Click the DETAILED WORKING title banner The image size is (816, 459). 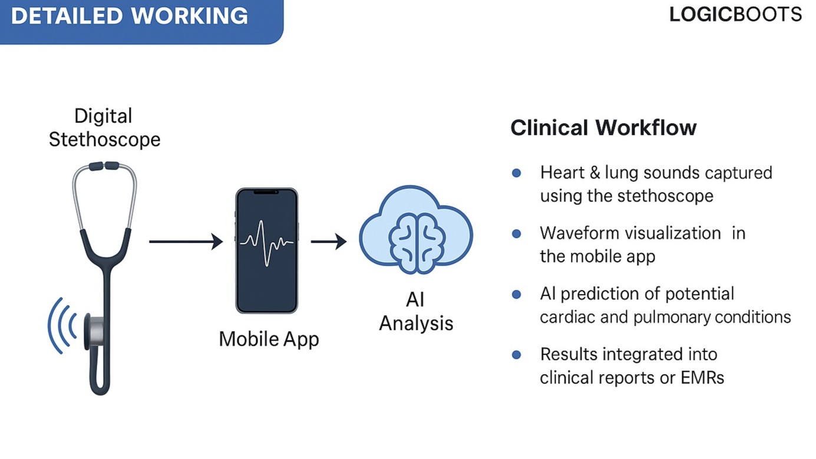tap(130, 16)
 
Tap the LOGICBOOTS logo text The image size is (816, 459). tap(735, 15)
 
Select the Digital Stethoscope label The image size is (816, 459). tap(104, 127)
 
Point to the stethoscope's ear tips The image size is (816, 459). tap(104, 166)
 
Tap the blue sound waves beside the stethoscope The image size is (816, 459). tap(62, 325)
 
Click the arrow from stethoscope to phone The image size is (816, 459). tap(186, 241)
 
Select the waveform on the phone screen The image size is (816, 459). tap(266, 241)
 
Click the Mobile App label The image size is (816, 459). tap(269, 339)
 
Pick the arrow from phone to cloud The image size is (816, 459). tap(328, 241)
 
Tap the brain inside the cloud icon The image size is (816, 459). tap(416, 236)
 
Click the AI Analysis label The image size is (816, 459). tap(416, 312)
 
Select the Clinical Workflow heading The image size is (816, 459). tap(603, 128)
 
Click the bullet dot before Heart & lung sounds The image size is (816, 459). tap(517, 173)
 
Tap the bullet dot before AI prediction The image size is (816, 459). tap(517, 294)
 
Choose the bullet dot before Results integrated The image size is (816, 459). tap(517, 355)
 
